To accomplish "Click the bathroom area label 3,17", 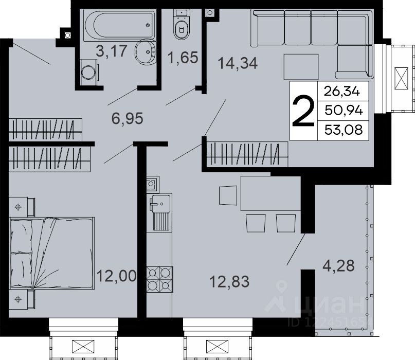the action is click(112, 51).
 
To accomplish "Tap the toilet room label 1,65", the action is click(183, 58).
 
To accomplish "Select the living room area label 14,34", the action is click(238, 64).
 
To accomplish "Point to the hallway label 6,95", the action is click(128, 118).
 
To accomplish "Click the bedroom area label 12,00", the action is click(116, 276).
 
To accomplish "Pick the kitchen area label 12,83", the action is click(229, 282).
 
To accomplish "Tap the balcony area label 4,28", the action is click(338, 265).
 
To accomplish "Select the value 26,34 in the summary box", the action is click(342, 92).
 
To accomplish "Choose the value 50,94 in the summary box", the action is click(344, 111).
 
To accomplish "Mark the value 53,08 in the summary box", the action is click(344, 130).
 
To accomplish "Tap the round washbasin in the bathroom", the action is click(146, 52).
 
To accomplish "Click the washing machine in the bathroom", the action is click(89, 73).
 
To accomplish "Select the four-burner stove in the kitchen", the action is click(159, 279).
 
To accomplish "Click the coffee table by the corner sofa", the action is click(301, 67).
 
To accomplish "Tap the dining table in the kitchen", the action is click(270, 193).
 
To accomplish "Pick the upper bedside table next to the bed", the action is click(22, 207).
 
